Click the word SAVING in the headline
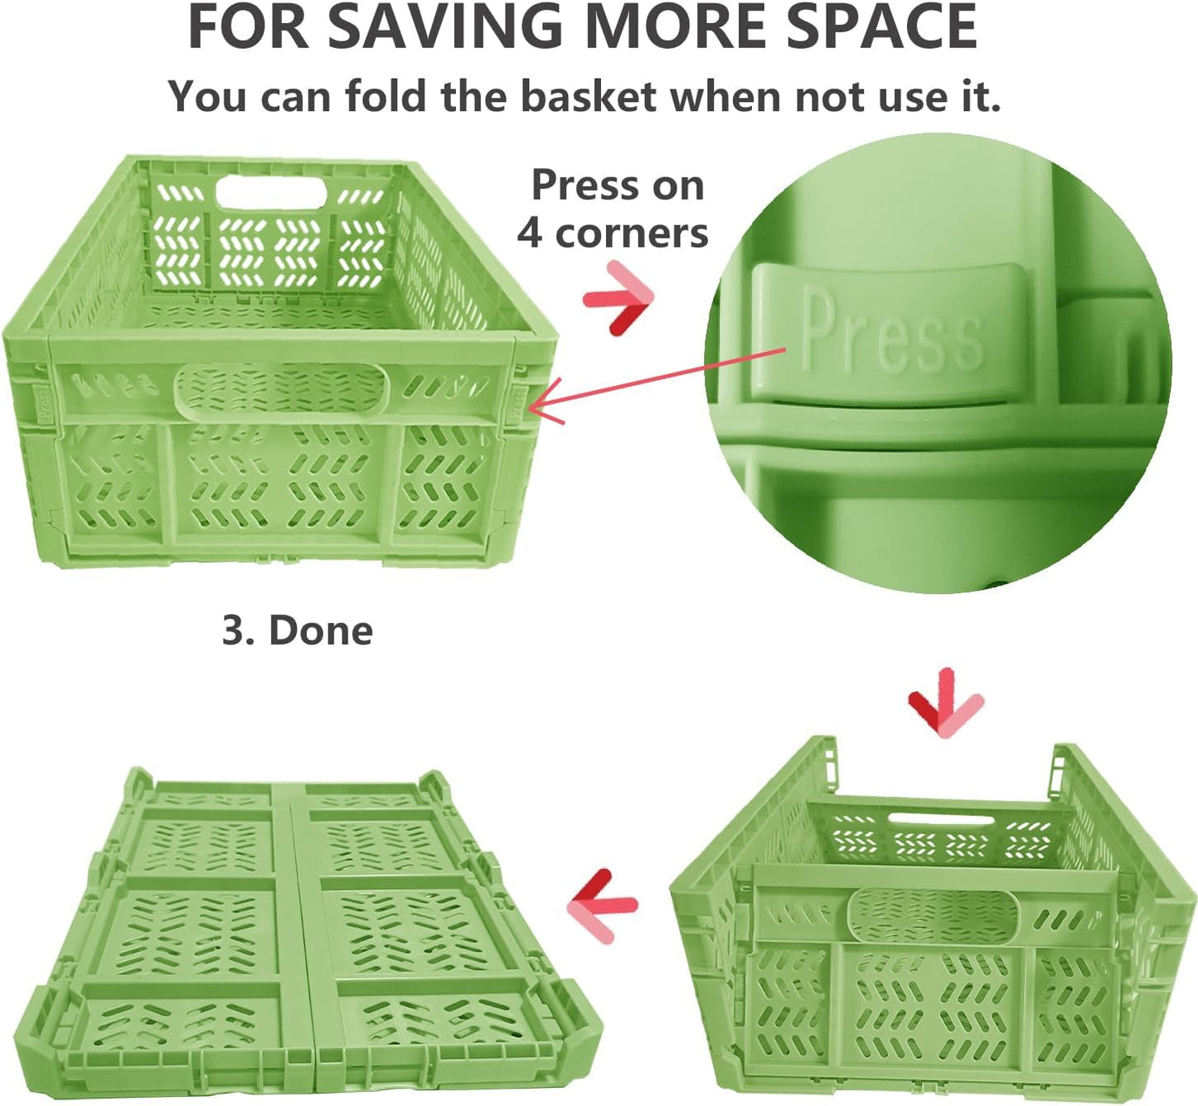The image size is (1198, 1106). click(x=445, y=27)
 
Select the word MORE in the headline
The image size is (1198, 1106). click(x=675, y=27)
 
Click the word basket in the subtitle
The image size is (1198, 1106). click(x=588, y=96)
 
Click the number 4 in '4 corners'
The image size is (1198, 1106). click(x=529, y=234)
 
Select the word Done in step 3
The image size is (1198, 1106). click(x=321, y=630)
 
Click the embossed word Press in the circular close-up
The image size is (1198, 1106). click(x=891, y=329)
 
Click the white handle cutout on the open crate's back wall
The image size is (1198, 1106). click(x=271, y=192)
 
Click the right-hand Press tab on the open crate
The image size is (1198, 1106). click(x=517, y=405)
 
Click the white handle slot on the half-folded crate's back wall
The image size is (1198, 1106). click(x=941, y=819)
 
